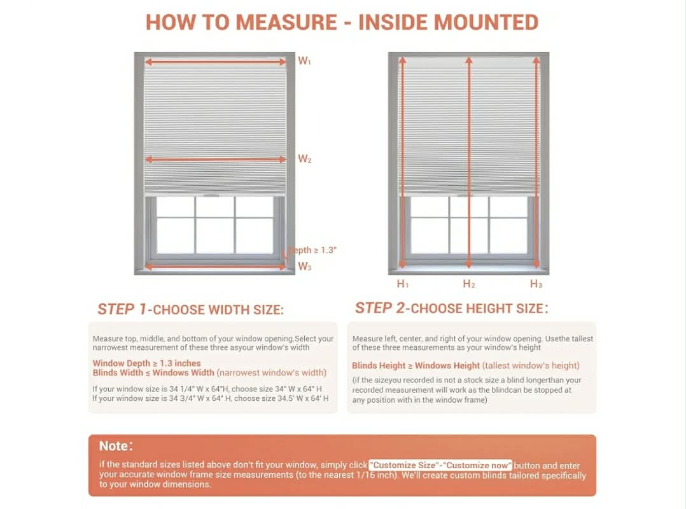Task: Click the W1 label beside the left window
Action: [304, 61]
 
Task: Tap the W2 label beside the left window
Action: [304, 158]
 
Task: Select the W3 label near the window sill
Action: [304, 267]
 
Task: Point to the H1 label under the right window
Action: [402, 284]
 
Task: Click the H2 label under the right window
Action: [469, 284]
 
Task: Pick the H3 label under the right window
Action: [536, 284]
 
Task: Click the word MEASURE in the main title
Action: [286, 22]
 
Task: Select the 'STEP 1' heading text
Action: [122, 309]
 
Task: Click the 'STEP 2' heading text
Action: [380, 308]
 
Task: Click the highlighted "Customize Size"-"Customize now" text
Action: [440, 465]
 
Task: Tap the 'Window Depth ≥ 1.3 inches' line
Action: [146, 363]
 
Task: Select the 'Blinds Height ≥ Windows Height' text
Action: [416, 366]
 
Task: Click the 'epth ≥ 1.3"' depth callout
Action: [312, 250]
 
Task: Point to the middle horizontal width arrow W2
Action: [215, 160]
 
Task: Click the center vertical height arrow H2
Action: [468, 162]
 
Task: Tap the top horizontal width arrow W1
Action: [215, 62]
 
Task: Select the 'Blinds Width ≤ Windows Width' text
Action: [153, 373]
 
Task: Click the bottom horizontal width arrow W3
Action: [215, 267]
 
